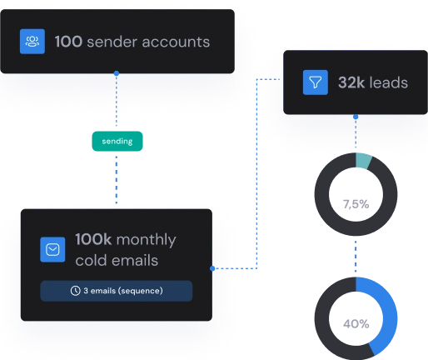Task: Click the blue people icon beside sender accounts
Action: tap(32, 42)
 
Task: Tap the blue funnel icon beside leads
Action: tap(316, 82)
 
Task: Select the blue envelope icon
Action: tap(52, 249)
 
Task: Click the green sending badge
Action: tap(117, 141)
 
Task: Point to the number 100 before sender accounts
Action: tap(68, 42)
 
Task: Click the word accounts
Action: tap(176, 42)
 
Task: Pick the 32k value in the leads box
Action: tap(351, 82)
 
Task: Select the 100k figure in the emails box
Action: tap(93, 239)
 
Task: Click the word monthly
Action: tap(146, 240)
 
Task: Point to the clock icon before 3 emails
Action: tap(75, 291)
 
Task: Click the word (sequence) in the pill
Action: tap(141, 291)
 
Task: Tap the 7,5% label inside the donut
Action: tap(356, 204)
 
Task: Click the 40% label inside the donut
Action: tap(356, 324)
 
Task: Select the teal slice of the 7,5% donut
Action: tap(363, 161)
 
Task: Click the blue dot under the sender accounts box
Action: tap(117, 73)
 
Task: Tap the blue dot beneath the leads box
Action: tap(356, 117)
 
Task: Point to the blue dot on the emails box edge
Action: tap(212, 268)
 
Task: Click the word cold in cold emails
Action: tap(90, 261)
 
